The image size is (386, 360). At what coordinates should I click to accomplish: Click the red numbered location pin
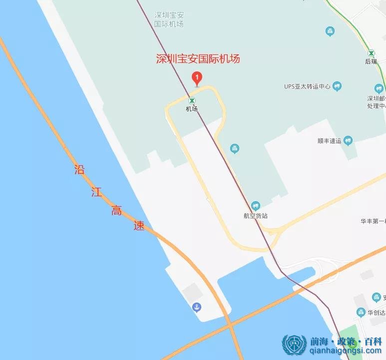197,78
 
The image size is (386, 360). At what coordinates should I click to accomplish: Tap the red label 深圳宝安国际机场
198,59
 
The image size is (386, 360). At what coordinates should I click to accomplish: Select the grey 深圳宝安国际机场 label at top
169,19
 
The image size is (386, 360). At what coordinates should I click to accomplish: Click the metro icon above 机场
192,100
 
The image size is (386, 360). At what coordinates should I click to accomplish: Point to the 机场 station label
192,108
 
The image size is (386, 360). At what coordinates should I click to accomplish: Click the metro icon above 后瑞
371,53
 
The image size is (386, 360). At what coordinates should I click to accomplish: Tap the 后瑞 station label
371,61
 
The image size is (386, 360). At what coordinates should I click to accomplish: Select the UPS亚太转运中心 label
307,86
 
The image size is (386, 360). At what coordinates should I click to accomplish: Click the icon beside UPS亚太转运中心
337,86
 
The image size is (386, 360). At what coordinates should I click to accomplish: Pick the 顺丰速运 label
329,141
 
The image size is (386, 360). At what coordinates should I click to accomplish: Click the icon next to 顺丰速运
350,141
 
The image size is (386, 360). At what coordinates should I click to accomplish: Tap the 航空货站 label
256,216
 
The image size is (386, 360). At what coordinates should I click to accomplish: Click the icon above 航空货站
256,205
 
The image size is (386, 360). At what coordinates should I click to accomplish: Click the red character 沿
79,170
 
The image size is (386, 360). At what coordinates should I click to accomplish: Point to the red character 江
96,192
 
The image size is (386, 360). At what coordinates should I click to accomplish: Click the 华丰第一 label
373,221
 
